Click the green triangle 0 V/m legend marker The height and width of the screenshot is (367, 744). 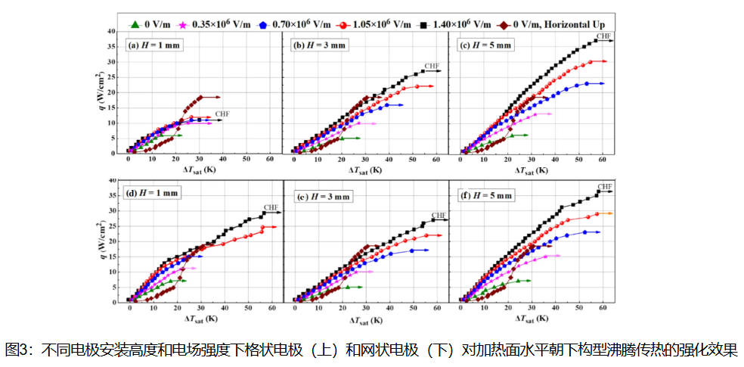(135, 24)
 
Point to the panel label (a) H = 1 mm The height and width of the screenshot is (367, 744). (155, 45)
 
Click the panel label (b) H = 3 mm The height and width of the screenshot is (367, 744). (320, 45)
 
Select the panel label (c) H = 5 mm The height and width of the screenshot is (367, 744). (485, 45)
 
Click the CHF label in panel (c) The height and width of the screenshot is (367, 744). (603, 36)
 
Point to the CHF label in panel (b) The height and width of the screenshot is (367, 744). (432, 66)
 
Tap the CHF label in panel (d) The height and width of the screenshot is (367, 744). (271, 207)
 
